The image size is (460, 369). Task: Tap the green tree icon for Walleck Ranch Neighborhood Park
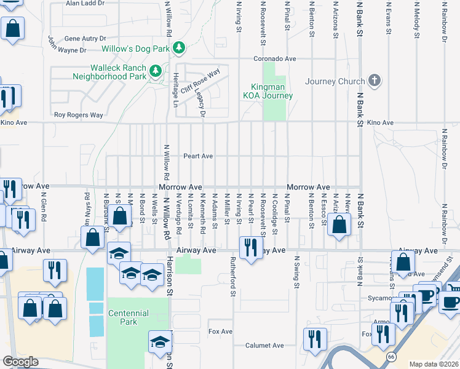[x=156, y=71]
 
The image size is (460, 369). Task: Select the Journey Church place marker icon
[x=374, y=81]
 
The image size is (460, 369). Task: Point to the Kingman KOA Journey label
[x=271, y=91]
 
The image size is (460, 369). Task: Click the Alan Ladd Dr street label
[x=85, y=3]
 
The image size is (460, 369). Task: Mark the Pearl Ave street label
[x=198, y=156]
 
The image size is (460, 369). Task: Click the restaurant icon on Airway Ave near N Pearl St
[x=249, y=248]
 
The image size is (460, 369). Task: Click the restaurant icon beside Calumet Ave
[x=314, y=338]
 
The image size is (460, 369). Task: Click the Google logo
[x=20, y=362]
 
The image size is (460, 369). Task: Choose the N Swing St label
[x=296, y=272]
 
